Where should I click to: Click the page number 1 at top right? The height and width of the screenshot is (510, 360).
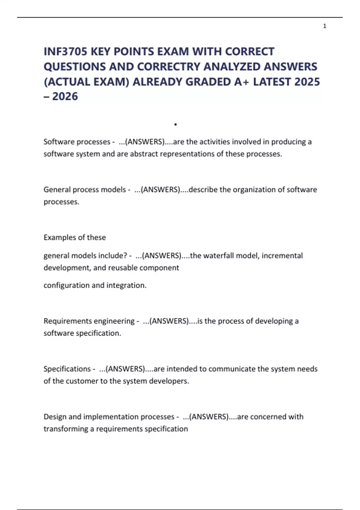point(325,26)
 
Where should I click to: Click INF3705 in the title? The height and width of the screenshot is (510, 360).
point(65,52)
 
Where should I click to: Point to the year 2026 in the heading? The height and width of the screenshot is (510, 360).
point(65,97)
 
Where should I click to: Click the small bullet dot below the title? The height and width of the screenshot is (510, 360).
point(175,124)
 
